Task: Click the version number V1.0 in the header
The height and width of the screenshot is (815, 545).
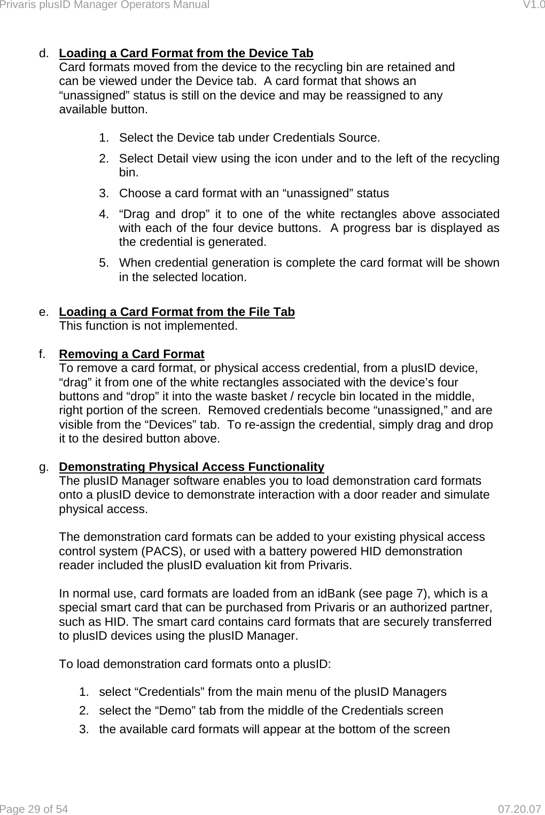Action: point(534,5)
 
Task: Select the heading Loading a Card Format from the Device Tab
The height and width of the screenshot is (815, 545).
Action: point(186,53)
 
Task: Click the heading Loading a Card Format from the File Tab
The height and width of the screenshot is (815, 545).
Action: point(177,312)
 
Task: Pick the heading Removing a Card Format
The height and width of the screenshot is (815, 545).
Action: point(131,354)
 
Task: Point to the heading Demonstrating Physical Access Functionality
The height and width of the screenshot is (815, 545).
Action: point(191,467)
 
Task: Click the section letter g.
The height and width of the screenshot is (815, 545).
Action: point(42,467)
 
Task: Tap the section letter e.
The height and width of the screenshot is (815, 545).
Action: point(42,312)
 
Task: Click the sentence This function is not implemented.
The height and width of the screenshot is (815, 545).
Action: point(148,325)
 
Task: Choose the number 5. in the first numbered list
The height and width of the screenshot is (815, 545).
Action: point(104,263)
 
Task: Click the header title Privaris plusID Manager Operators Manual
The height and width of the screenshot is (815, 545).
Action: point(105,5)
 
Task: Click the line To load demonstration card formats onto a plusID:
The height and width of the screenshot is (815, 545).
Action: point(194,664)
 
